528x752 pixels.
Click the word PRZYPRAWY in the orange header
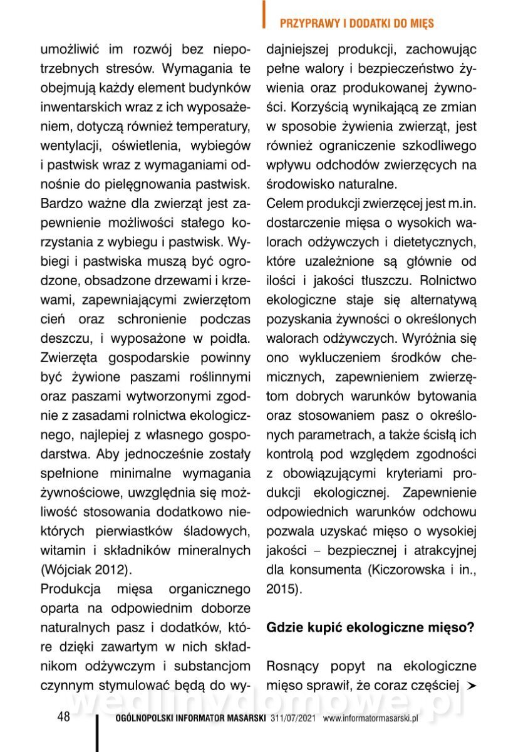coord(306,24)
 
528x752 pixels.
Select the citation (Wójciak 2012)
coord(86,570)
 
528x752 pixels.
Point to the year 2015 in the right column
coord(280,590)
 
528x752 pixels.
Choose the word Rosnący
coord(292,666)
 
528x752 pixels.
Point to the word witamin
coord(60,550)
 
